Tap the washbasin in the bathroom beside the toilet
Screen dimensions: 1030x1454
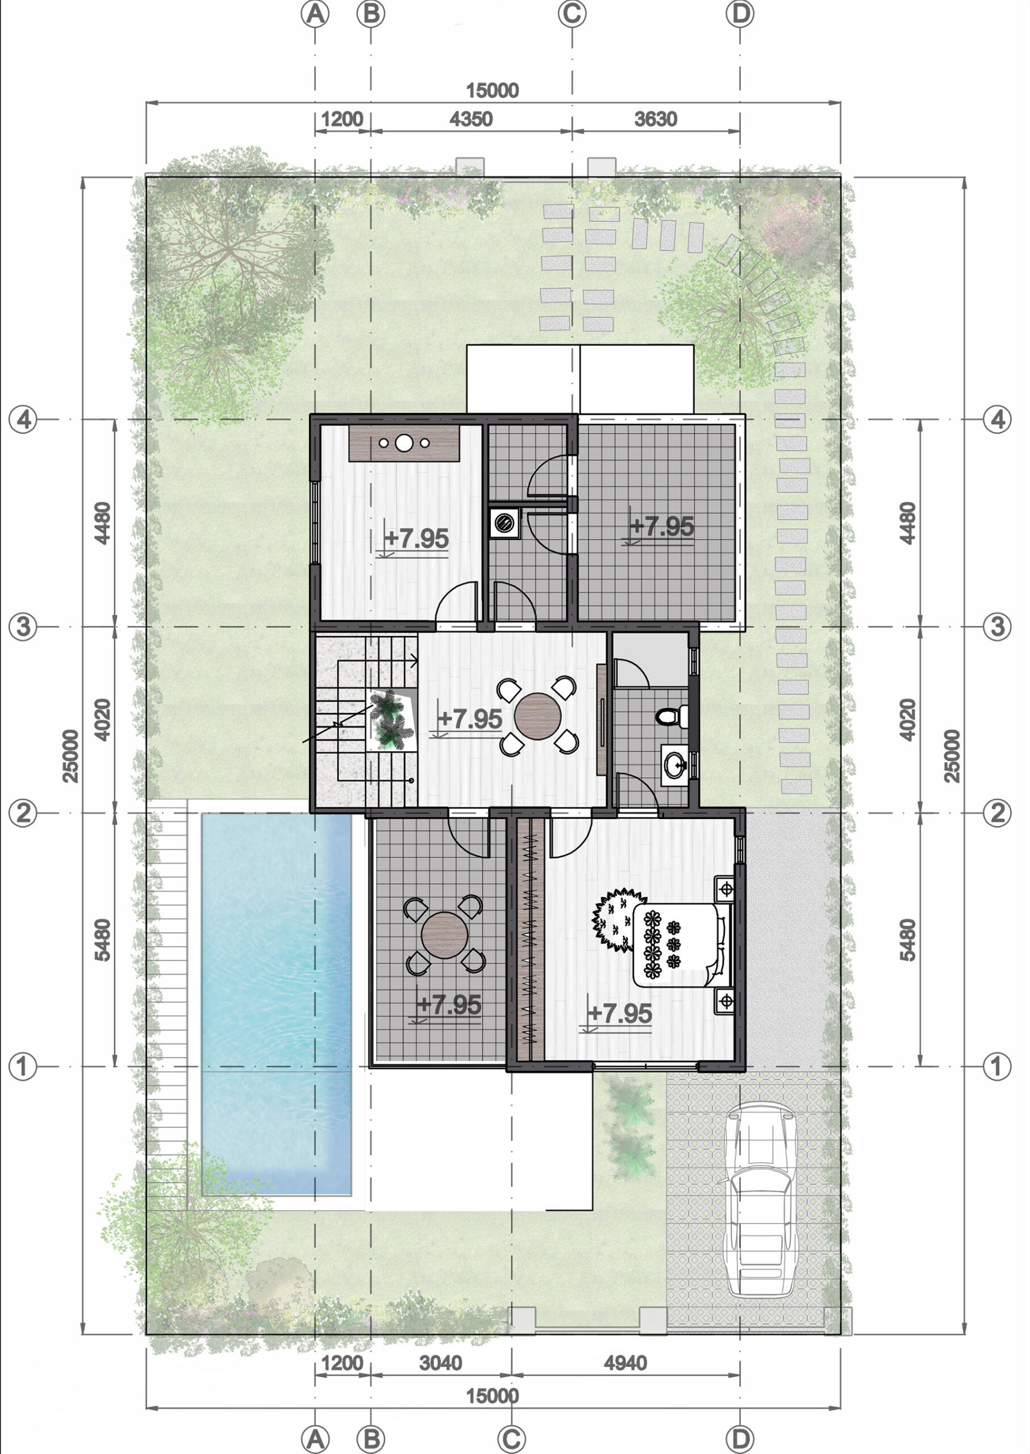click(674, 764)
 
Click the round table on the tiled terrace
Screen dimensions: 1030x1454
click(445, 935)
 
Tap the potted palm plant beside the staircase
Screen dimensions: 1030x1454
click(389, 720)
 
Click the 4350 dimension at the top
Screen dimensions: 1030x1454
click(470, 119)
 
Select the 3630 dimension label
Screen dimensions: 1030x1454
click(656, 119)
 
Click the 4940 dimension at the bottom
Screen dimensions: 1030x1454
click(625, 1363)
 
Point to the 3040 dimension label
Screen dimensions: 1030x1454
click(441, 1363)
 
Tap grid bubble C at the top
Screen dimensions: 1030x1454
click(572, 14)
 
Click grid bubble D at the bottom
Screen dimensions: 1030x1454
click(740, 1438)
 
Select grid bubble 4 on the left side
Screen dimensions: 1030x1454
click(23, 419)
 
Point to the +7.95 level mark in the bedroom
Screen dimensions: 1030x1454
click(620, 1013)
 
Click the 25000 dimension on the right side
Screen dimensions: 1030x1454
click(952, 756)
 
